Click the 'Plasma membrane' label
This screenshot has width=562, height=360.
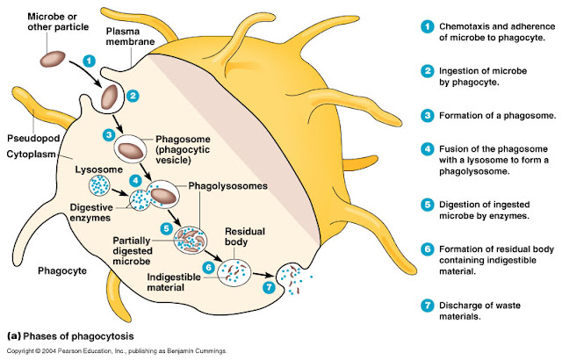128,36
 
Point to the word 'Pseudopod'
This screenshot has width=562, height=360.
31,139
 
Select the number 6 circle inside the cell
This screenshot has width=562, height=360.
208,267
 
